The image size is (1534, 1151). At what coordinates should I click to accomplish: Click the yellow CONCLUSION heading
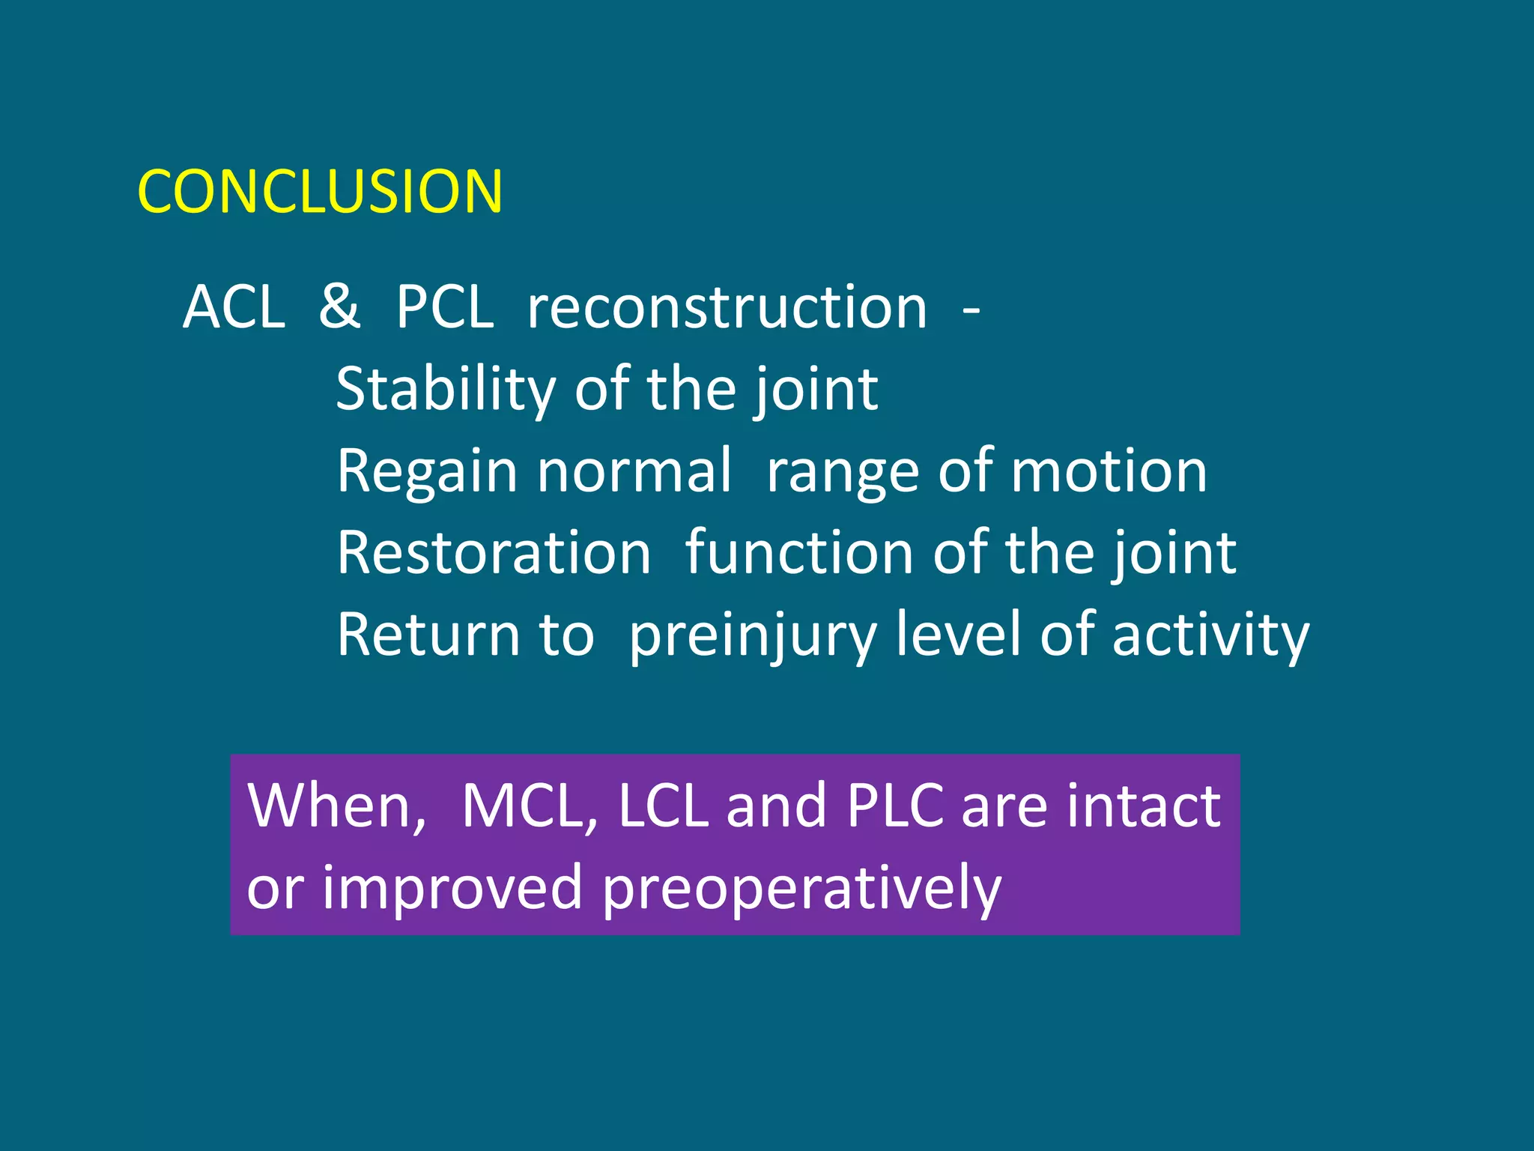(320, 192)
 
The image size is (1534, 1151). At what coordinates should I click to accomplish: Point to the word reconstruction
(727, 308)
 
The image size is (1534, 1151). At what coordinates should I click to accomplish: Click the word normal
(634, 471)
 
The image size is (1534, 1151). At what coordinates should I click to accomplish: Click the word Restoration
(494, 553)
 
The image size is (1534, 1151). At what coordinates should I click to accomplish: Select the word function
(798, 553)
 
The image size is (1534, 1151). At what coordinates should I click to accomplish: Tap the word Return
(428, 635)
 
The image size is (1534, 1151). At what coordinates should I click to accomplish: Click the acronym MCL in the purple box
(529, 806)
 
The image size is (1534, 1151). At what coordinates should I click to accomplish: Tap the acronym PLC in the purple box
(895, 806)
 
